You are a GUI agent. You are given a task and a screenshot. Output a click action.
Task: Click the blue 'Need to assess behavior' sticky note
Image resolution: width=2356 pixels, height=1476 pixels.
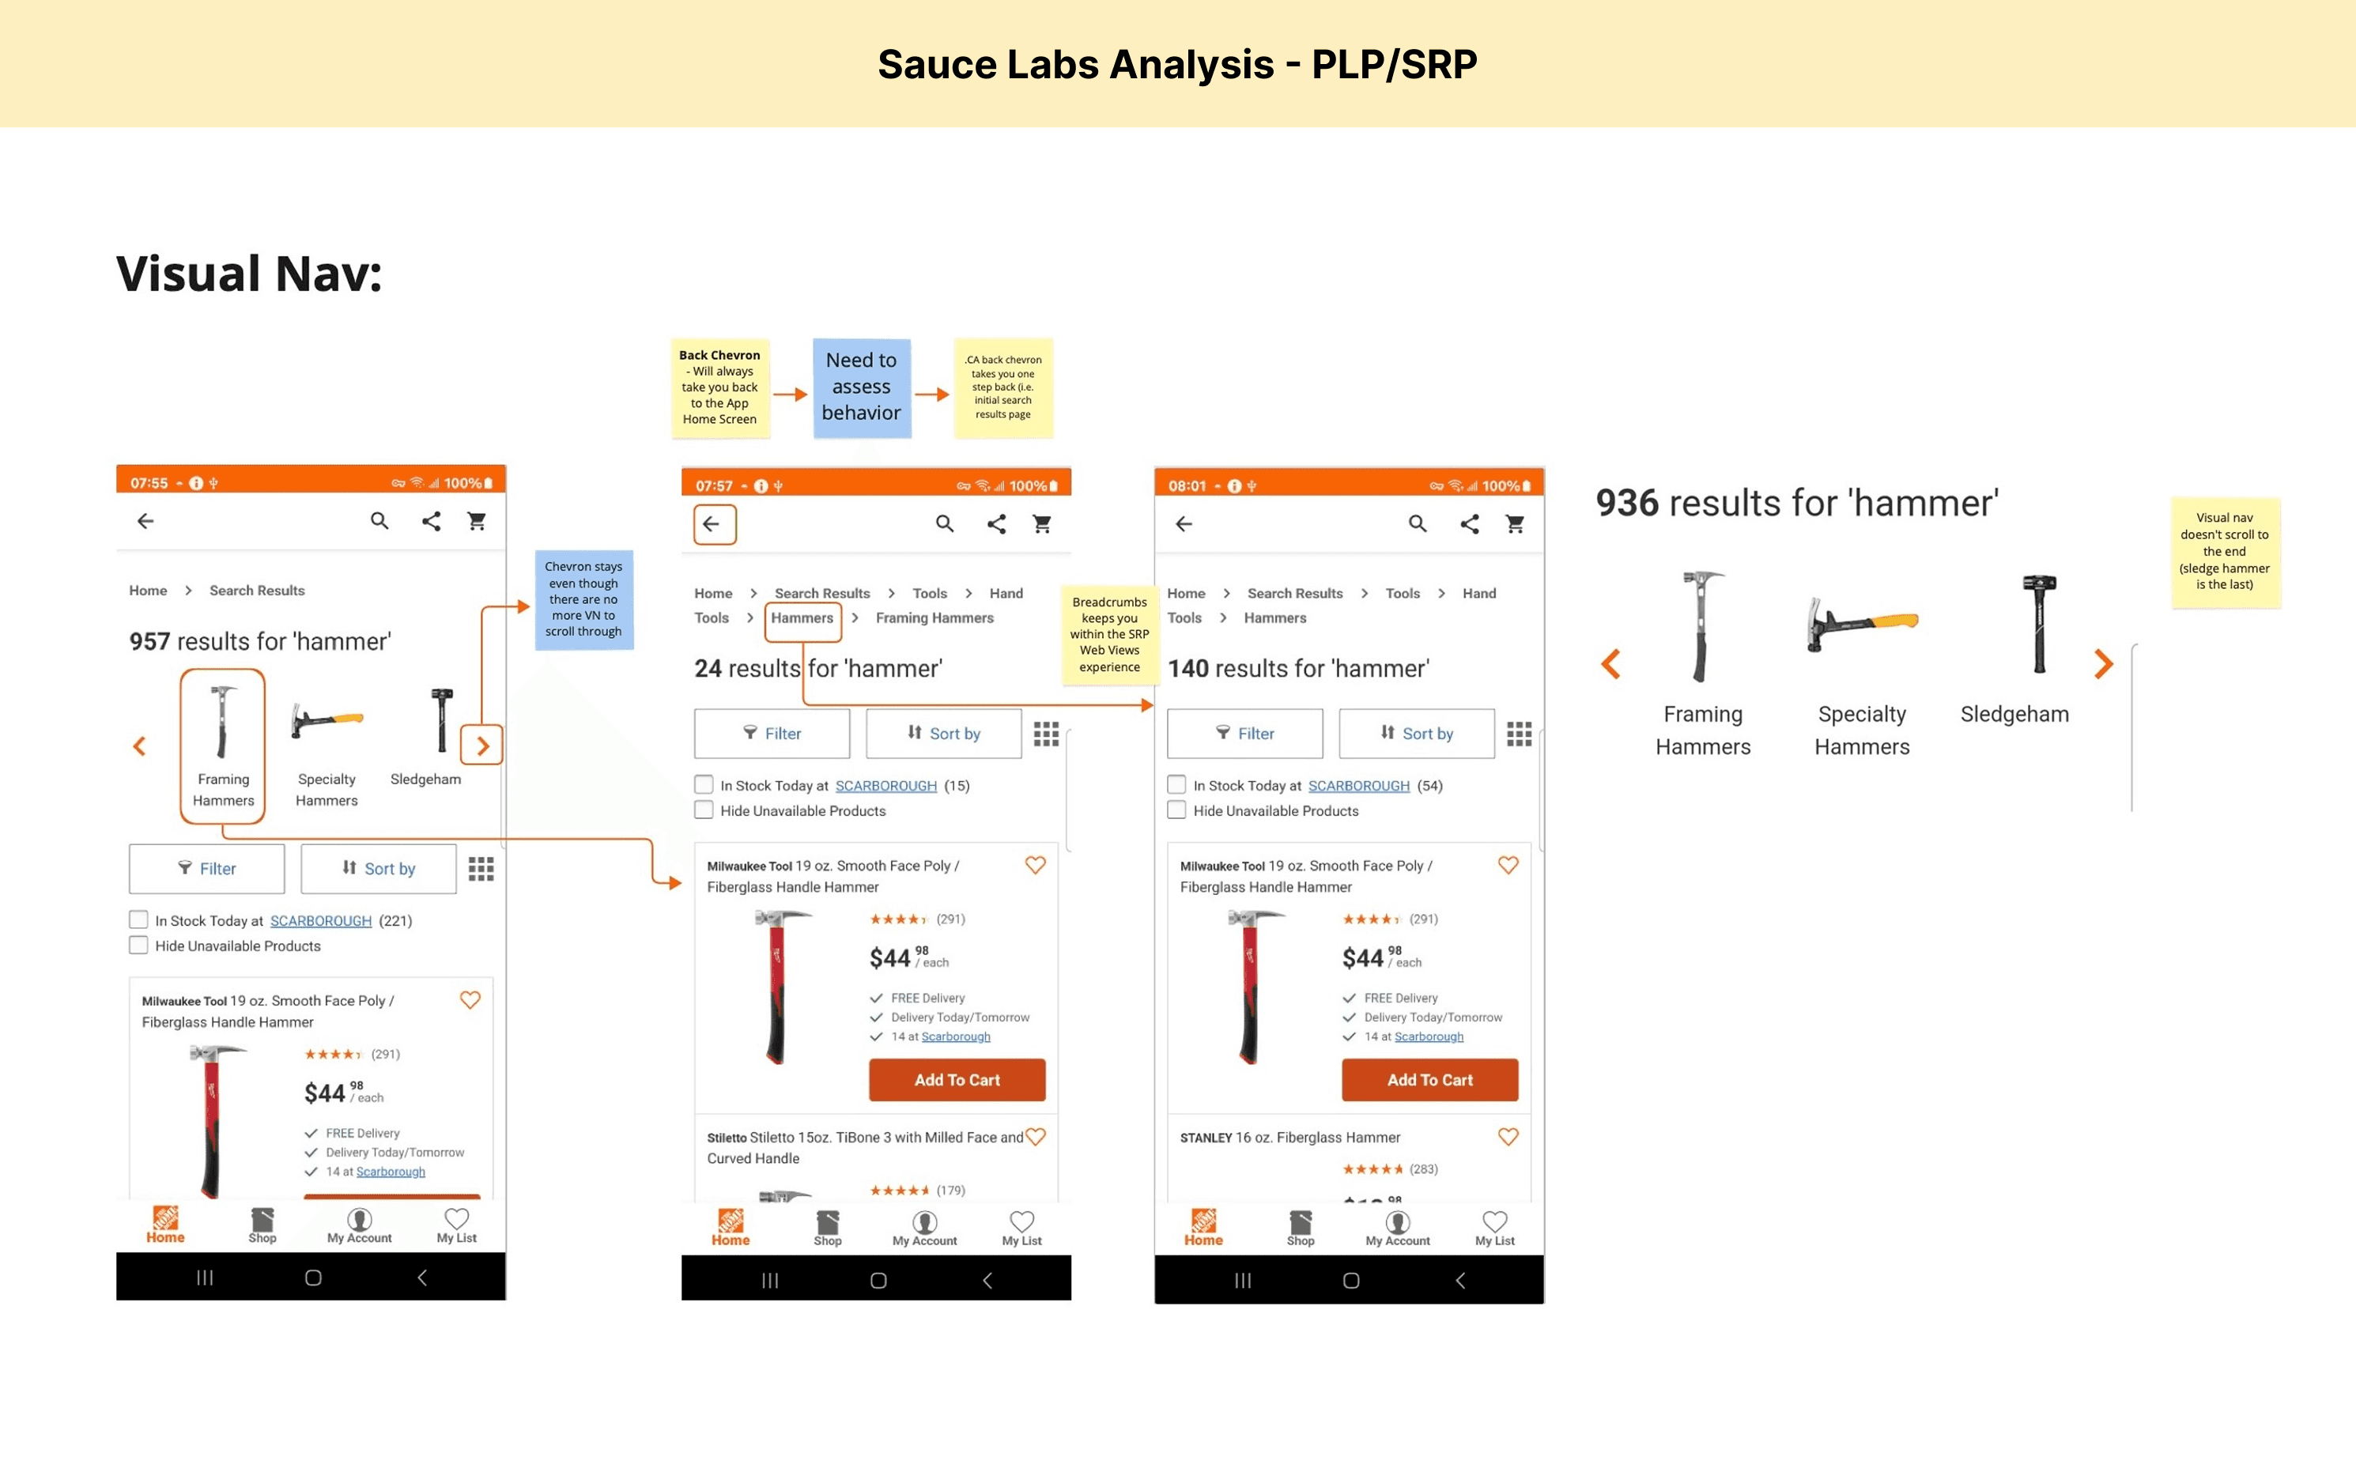pyautogui.click(x=862, y=387)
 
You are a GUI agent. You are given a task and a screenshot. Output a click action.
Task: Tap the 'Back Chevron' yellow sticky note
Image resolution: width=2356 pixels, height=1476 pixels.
pyautogui.click(x=720, y=387)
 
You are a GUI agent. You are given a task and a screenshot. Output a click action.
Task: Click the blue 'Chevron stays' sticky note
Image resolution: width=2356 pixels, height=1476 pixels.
pyautogui.click(x=583, y=599)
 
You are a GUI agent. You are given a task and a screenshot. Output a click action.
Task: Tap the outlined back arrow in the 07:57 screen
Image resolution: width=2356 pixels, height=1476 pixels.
pyautogui.click(x=715, y=524)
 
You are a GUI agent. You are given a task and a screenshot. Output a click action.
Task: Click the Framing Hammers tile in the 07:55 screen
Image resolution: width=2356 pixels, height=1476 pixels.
pyautogui.click(x=222, y=746)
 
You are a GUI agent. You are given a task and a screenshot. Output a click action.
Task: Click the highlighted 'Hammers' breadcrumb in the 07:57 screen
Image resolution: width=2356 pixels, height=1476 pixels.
pyautogui.click(x=802, y=619)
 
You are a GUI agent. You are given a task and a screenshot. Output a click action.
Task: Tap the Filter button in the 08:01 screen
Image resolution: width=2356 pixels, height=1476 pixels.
pyautogui.click(x=1244, y=733)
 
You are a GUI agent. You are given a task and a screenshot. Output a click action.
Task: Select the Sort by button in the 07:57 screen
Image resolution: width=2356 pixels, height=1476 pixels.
pyautogui.click(x=944, y=733)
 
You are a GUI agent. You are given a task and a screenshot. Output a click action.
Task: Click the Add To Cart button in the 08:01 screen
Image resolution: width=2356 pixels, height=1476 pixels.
pyautogui.click(x=1429, y=1080)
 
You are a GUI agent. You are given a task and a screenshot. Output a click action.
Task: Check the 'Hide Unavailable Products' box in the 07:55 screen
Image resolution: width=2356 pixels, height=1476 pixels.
pyautogui.click(x=138, y=945)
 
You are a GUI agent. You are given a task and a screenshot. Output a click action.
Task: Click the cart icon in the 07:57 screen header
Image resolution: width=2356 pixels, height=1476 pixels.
pyautogui.click(x=1042, y=524)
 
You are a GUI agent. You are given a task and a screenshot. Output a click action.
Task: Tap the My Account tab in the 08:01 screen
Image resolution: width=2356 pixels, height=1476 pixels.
pyautogui.click(x=1398, y=1228)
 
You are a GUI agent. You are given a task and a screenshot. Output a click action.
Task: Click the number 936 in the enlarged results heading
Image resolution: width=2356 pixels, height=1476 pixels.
pyautogui.click(x=1627, y=503)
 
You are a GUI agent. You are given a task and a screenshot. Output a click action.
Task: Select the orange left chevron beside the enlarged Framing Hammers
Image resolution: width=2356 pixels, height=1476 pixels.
pyautogui.click(x=1610, y=664)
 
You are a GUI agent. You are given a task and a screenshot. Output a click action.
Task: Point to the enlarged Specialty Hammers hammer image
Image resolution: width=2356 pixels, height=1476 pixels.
pyautogui.click(x=1862, y=623)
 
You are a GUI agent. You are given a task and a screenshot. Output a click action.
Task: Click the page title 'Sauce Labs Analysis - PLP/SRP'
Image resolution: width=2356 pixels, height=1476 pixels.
pyautogui.click(x=1177, y=64)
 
